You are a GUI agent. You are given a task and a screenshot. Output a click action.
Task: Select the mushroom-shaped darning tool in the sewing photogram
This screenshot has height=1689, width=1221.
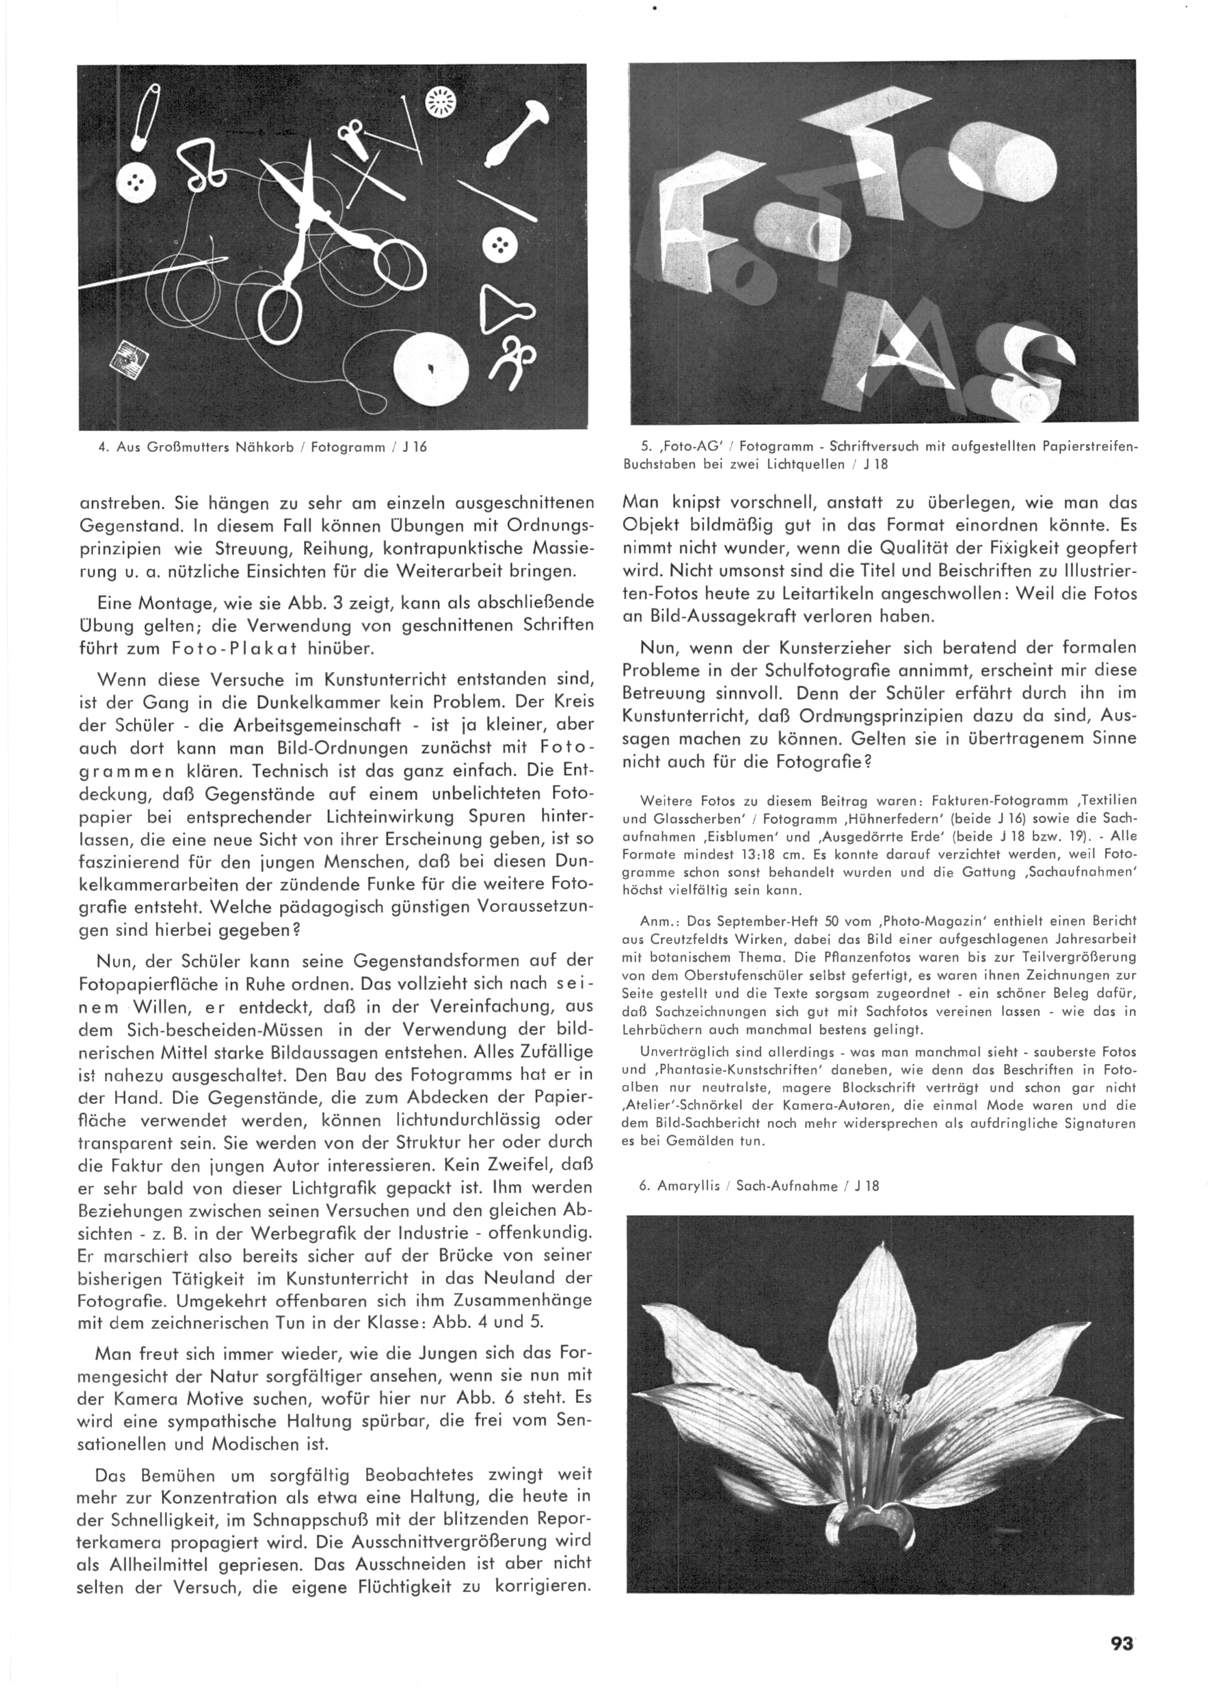(x=514, y=134)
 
